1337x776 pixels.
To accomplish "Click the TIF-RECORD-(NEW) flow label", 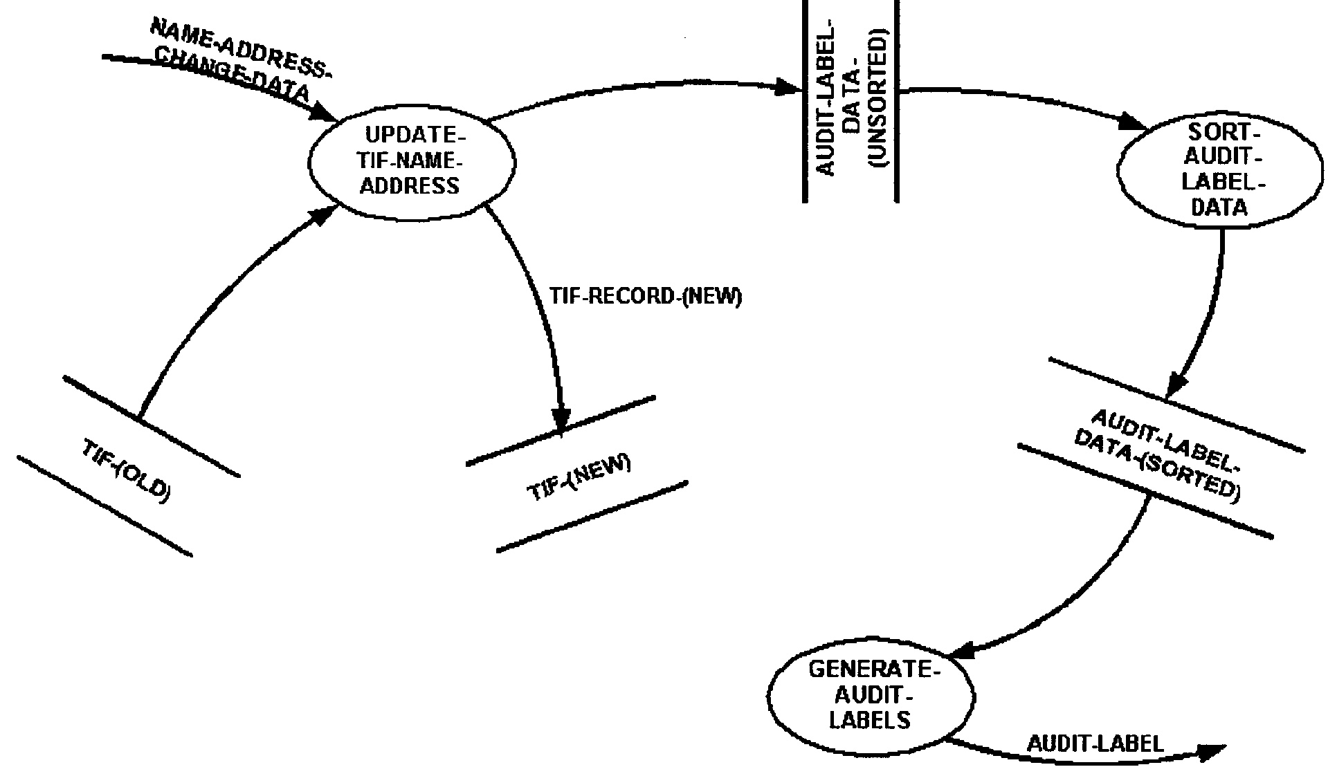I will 645,297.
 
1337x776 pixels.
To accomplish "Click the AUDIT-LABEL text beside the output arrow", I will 1095,743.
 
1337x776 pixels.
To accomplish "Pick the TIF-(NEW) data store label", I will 579,477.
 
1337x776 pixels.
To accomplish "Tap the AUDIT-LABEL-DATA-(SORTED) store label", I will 1161,453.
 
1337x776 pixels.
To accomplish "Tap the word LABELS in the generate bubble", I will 869,720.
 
